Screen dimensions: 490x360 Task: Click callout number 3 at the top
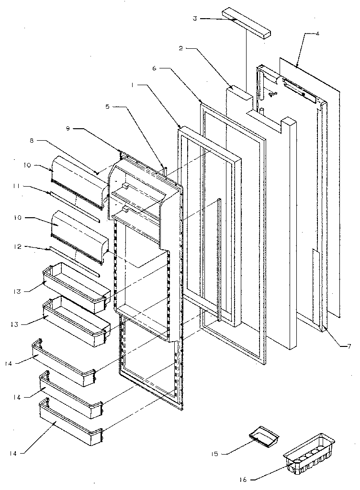[x=194, y=18]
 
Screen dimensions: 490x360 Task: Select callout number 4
[x=318, y=34]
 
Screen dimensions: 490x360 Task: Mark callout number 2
[x=181, y=48]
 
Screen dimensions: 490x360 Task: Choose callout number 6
[x=154, y=68]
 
